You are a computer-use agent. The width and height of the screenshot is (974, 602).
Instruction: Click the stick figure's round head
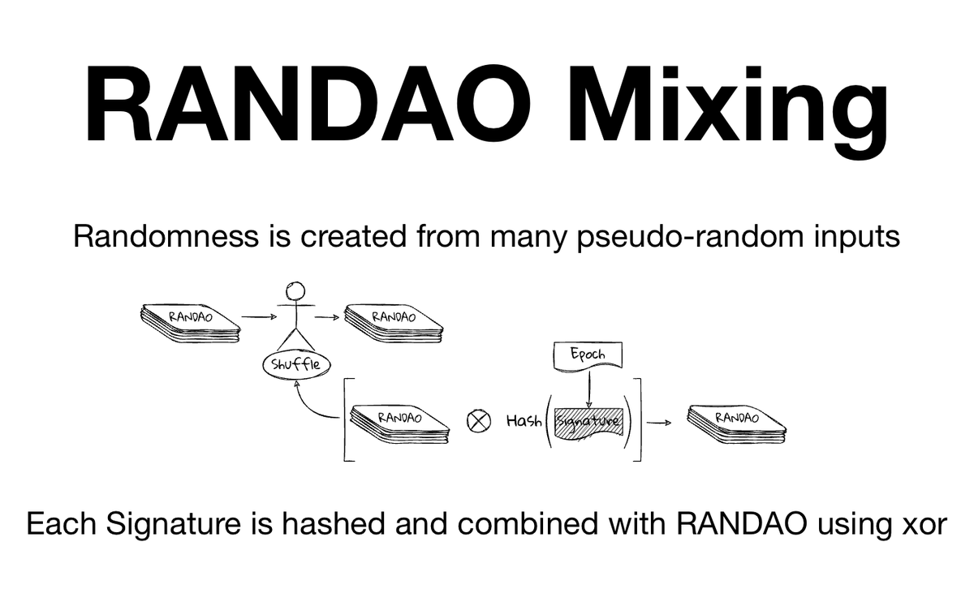coord(295,290)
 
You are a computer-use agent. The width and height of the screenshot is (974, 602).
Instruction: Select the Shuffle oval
coord(291,363)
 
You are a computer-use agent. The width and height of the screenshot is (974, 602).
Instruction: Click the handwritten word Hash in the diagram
coord(524,421)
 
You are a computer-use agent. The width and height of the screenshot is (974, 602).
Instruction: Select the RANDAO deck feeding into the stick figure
coord(191,322)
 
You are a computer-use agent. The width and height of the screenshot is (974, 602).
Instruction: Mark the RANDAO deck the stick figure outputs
coord(393,322)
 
